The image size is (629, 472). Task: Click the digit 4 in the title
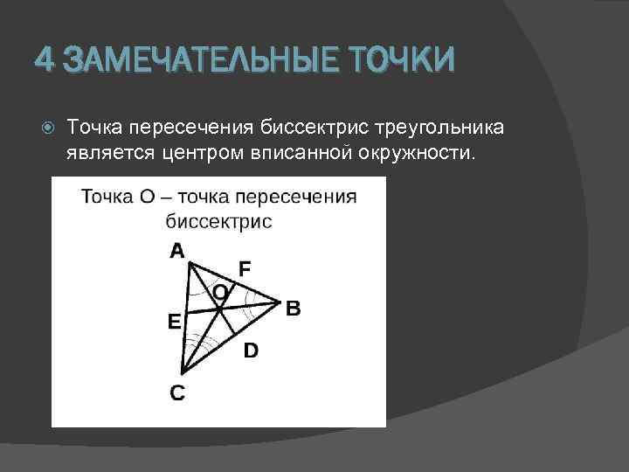tap(45, 61)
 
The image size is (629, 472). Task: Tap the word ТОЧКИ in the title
tap(402, 61)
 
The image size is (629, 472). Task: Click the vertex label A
tap(177, 252)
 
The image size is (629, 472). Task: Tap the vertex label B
tap(294, 308)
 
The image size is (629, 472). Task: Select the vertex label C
tap(177, 393)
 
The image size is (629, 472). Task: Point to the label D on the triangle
tap(251, 351)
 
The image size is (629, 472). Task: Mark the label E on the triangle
tap(174, 322)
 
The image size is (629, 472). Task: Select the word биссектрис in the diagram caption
tap(218, 221)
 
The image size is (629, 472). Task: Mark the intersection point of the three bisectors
tap(218, 307)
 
